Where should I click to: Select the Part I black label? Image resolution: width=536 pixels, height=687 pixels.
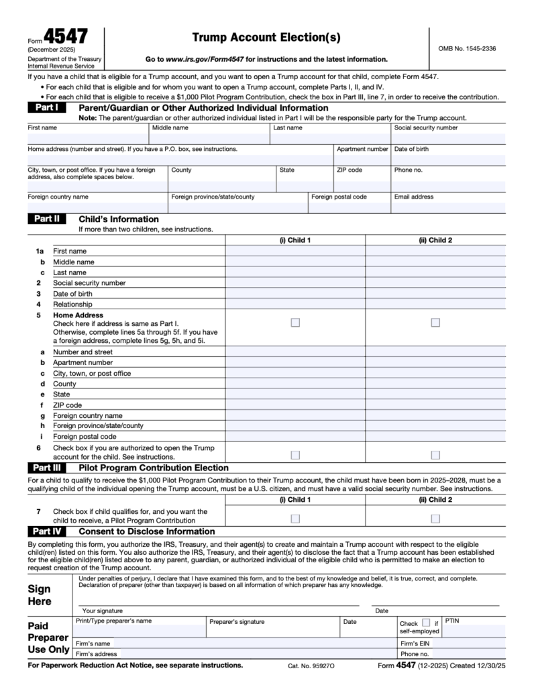(x=46, y=108)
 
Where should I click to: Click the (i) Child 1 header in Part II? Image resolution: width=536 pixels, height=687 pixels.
(x=295, y=240)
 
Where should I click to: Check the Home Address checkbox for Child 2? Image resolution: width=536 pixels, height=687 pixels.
(x=435, y=323)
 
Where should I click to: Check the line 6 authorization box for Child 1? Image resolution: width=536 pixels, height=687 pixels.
(x=295, y=455)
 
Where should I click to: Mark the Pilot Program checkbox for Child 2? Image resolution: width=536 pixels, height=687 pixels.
(x=435, y=519)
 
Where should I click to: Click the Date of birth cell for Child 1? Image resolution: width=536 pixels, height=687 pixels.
(x=295, y=294)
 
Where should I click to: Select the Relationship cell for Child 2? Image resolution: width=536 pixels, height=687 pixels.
(x=435, y=304)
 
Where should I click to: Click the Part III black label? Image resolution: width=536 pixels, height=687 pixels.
(x=46, y=468)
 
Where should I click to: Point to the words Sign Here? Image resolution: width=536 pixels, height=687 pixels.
(x=40, y=595)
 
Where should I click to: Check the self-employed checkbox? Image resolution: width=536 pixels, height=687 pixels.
(x=426, y=623)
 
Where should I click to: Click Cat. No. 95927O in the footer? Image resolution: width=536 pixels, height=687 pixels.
(x=311, y=666)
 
